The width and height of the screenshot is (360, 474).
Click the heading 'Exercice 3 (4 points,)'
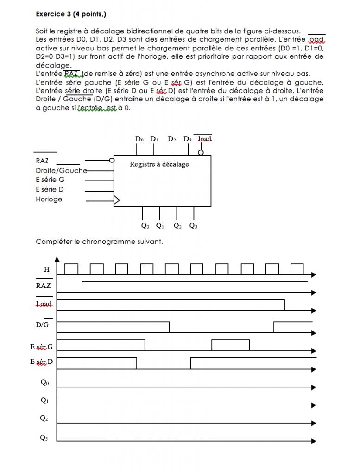click(x=71, y=14)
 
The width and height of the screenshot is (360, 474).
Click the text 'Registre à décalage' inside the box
click(x=159, y=164)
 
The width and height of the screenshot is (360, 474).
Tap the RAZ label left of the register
click(x=42, y=161)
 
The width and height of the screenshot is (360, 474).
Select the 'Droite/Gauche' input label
click(x=61, y=170)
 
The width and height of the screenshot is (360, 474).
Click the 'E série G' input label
click(x=50, y=180)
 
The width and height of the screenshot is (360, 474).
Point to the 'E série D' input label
click(x=50, y=189)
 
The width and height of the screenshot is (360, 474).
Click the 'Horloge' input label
click(x=49, y=200)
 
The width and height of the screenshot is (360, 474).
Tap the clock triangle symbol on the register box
click(x=117, y=200)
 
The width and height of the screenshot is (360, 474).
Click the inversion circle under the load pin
click(x=201, y=152)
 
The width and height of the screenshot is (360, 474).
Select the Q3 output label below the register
click(x=193, y=226)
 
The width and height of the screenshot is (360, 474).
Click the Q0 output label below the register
click(x=145, y=226)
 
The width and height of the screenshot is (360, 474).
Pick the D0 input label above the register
click(x=139, y=139)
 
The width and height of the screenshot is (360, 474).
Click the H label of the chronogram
click(x=46, y=269)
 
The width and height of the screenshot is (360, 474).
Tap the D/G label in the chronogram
click(x=44, y=325)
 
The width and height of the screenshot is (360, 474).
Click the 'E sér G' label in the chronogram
click(x=42, y=346)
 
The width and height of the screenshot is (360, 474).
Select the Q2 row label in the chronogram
click(x=44, y=418)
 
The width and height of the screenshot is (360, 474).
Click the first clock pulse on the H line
click(x=71, y=269)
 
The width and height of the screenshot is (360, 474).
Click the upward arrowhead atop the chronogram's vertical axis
click(x=57, y=258)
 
